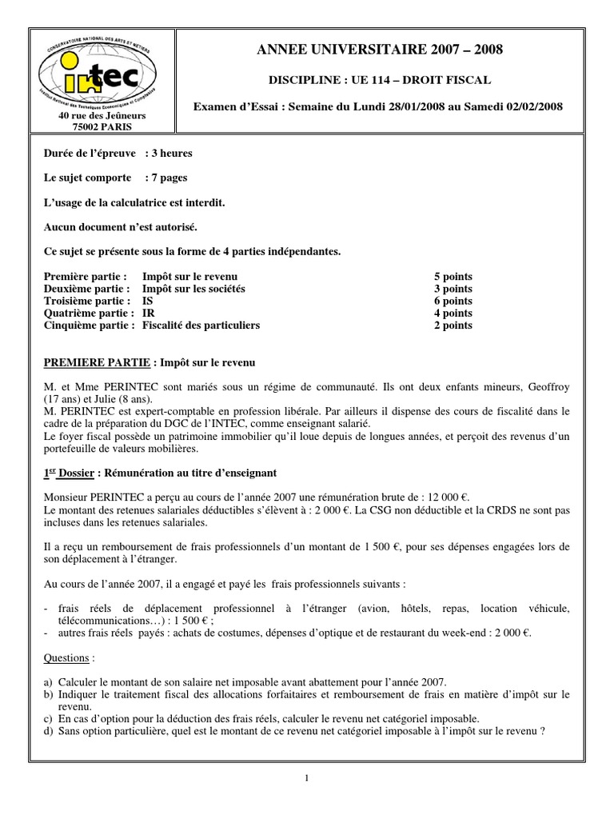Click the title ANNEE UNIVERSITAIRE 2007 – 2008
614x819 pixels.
380,51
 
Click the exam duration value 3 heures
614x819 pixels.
173,153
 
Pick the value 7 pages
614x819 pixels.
169,178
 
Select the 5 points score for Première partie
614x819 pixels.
453,277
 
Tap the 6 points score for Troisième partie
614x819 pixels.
453,301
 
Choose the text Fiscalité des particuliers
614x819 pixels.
201,326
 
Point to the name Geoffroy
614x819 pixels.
548,387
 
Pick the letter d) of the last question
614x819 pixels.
50,729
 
